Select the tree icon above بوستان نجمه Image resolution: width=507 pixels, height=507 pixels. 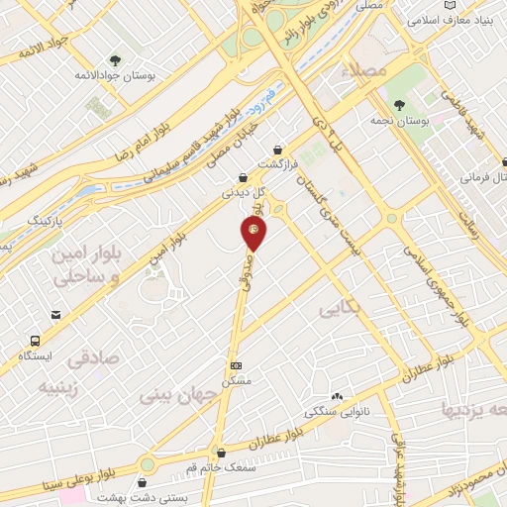pyautogui.click(x=400, y=105)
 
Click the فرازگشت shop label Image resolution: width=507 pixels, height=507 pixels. pyautogui.click(x=277, y=163)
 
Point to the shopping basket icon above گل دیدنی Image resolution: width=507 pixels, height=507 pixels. pyautogui.click(x=243, y=177)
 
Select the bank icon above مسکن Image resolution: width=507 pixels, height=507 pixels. pyautogui.click(x=235, y=365)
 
